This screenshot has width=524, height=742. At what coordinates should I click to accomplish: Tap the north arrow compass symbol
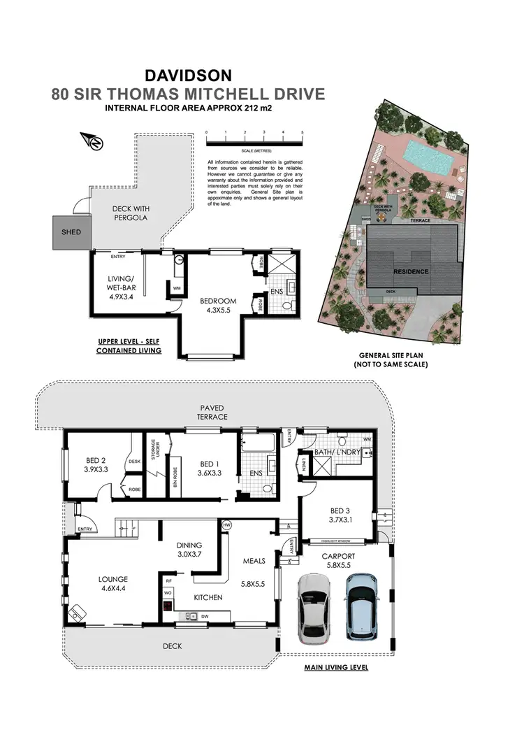click(x=94, y=141)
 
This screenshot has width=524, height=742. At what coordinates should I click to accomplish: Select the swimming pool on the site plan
click(x=428, y=157)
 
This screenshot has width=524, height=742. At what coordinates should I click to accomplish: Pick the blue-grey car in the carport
click(x=362, y=606)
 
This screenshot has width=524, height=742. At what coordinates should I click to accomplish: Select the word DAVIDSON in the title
click(x=188, y=74)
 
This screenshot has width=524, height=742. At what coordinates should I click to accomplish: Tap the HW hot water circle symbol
click(x=226, y=525)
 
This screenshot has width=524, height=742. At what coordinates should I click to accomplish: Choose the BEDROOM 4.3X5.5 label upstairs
click(x=219, y=305)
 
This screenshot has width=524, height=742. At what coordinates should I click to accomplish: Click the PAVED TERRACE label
click(x=212, y=411)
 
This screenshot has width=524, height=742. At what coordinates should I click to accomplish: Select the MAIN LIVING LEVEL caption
click(x=335, y=667)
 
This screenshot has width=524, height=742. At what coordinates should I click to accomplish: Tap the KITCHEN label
click(x=208, y=597)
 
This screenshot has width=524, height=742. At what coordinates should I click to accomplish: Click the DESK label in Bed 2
click(x=135, y=461)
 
